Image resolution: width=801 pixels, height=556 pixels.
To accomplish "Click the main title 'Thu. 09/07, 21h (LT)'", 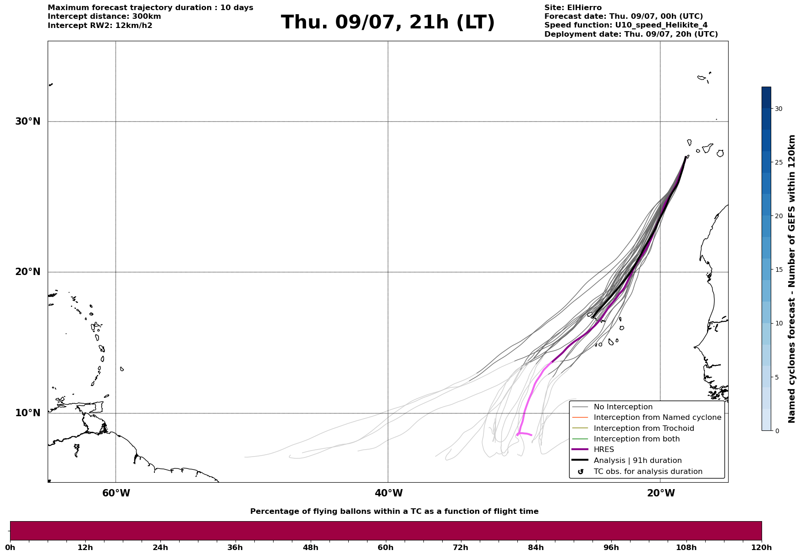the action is (x=388, y=22).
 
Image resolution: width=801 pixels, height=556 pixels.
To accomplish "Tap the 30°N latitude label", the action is (x=28, y=121).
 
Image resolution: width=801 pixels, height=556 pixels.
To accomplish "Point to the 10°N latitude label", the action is (x=28, y=413).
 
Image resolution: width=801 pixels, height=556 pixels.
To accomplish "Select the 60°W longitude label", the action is (x=116, y=493).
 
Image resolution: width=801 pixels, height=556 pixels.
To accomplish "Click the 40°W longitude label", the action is (x=389, y=493).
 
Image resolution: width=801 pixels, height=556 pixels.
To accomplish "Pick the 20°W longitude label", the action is (x=661, y=493).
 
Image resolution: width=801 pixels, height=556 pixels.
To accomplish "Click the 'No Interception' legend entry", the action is (x=623, y=407).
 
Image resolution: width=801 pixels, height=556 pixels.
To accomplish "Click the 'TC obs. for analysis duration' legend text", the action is (x=648, y=472).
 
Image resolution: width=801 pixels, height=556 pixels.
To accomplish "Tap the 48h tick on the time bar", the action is (x=310, y=547).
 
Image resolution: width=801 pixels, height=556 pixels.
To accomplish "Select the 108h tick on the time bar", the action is (x=686, y=547).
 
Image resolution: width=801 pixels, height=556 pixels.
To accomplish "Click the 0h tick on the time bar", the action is (x=10, y=547).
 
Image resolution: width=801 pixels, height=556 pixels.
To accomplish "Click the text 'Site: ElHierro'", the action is (x=573, y=8).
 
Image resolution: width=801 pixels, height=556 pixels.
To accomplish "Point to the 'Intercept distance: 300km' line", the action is (x=104, y=17).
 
